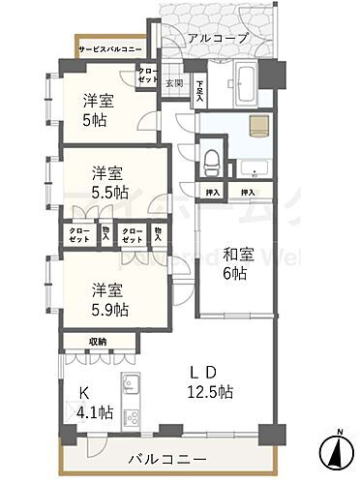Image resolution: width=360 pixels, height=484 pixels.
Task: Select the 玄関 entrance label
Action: click(x=173, y=83)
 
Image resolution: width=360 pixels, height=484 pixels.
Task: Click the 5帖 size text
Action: click(x=94, y=121)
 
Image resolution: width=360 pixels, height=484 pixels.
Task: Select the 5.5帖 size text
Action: click(x=109, y=193)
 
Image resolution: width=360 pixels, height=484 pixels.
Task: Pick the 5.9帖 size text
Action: click(x=109, y=309)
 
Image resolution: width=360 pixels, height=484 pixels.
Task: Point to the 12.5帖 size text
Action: click(x=210, y=392)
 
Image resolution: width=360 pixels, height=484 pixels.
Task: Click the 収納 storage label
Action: click(x=98, y=341)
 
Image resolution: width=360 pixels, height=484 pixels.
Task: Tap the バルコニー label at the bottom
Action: click(x=178, y=459)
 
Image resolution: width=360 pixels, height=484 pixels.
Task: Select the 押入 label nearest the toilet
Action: click(x=212, y=193)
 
